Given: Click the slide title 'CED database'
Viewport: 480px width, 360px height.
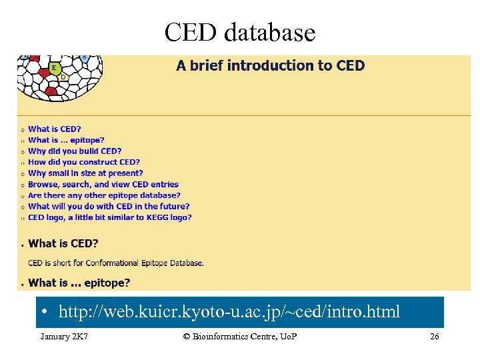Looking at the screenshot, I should point(239,31).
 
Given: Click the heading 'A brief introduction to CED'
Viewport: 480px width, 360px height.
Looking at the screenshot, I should point(270,65).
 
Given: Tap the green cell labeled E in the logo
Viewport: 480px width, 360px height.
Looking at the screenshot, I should point(53,68).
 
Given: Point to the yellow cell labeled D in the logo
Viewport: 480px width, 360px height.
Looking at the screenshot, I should point(63,77).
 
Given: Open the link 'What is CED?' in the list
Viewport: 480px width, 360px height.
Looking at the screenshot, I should point(54,129).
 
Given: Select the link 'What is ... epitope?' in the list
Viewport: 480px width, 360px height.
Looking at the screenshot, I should point(66,140).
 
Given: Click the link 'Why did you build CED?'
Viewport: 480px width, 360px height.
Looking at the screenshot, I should point(75,151).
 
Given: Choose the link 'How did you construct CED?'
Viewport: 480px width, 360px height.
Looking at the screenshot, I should point(84,162).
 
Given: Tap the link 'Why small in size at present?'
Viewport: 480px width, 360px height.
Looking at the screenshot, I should point(85,173).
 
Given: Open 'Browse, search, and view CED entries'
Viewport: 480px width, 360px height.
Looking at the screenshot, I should point(103,184).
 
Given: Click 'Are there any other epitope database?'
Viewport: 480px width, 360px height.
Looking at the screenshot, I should point(104,195).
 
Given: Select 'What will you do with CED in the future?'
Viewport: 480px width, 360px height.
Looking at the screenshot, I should point(109,207).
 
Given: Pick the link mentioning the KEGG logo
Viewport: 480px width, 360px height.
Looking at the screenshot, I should point(110,217).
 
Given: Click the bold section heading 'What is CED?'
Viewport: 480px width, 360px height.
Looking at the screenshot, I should point(63,244).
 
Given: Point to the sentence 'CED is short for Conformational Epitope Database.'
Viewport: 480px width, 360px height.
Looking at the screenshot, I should point(116,263).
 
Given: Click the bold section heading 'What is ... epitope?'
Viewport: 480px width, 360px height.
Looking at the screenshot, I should point(79,283).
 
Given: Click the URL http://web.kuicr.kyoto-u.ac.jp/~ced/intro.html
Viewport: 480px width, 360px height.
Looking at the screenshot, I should point(229,311).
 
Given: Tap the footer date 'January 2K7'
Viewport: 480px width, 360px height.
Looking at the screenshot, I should point(65,337).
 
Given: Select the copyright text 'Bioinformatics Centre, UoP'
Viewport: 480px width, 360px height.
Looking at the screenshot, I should point(240,337).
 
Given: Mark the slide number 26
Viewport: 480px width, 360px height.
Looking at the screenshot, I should point(434,337).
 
